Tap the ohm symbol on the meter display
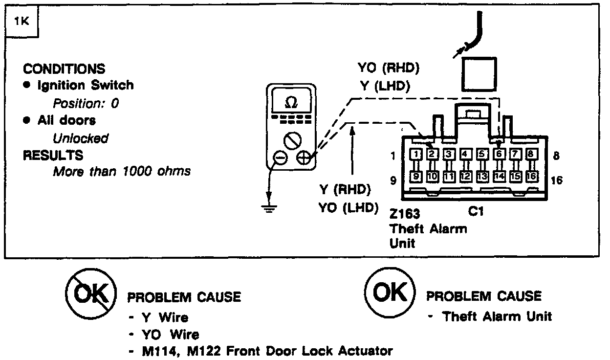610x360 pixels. (x=290, y=103)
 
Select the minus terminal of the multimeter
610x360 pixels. (x=280, y=157)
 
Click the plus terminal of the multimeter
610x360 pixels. (x=304, y=157)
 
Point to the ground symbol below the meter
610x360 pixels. (x=268, y=207)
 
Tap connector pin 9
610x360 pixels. (x=415, y=176)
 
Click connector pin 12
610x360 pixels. (x=465, y=176)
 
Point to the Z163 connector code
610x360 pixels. (x=405, y=214)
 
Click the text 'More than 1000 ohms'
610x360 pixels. (x=122, y=172)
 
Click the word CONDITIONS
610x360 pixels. (x=64, y=68)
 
